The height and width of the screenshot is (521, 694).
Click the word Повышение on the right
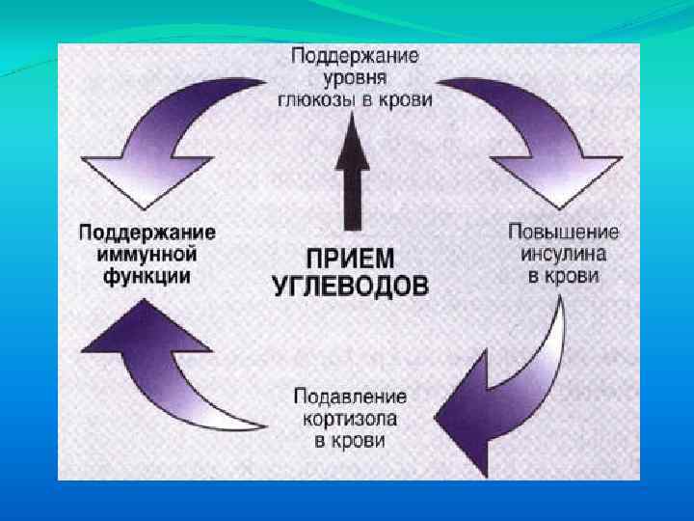pyautogui.click(x=563, y=233)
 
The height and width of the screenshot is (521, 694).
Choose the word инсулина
pyautogui.click(x=563, y=254)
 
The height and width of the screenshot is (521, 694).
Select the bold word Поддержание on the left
pyautogui.click(x=147, y=233)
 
